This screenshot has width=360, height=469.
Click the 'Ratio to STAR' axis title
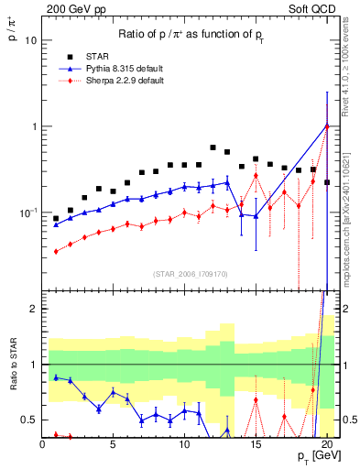(12, 389)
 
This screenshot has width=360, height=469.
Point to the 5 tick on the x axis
(113, 445)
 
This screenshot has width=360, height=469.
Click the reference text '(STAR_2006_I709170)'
(191, 273)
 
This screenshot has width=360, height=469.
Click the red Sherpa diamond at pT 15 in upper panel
(256, 175)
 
